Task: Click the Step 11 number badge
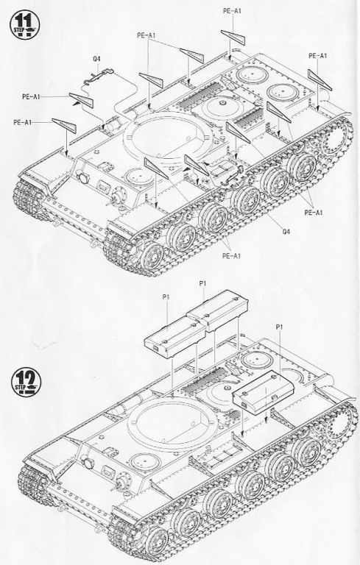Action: pyautogui.click(x=24, y=24)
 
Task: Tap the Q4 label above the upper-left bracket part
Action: pyautogui.click(x=96, y=59)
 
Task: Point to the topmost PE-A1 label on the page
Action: pyautogui.click(x=232, y=11)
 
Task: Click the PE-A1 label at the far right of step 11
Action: pyautogui.click(x=318, y=56)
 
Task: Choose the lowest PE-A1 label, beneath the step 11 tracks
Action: pyautogui.click(x=231, y=256)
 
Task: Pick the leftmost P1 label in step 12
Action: pyautogui.click(x=166, y=297)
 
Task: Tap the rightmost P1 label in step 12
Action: pyautogui.click(x=279, y=327)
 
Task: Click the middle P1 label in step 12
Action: pyautogui.click(x=202, y=283)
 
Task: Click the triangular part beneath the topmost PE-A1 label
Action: pyautogui.click(x=234, y=37)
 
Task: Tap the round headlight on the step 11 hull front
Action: pyautogui.click(x=82, y=177)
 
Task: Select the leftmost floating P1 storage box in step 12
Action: pyautogui.click(x=174, y=339)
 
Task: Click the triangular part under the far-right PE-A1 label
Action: pyautogui.click(x=320, y=79)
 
